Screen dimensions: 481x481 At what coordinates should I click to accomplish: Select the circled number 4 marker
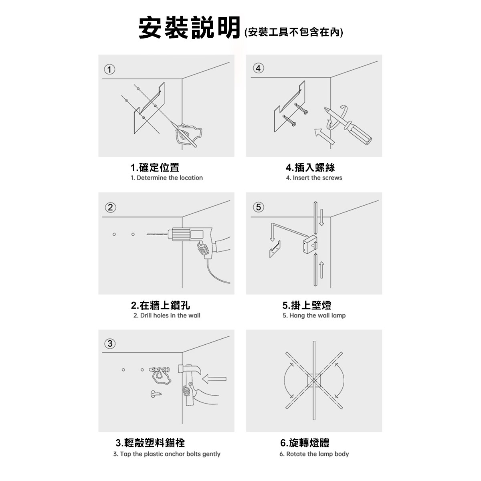pyautogui.click(x=258, y=69)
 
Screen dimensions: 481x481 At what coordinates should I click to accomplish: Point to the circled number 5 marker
pyautogui.click(x=258, y=207)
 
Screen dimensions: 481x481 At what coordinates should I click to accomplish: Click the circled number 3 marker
pyautogui.click(x=110, y=343)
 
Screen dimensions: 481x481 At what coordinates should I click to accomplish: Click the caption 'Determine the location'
pyautogui.click(x=167, y=178)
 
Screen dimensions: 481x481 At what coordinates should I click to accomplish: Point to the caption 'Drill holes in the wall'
pyautogui.click(x=167, y=315)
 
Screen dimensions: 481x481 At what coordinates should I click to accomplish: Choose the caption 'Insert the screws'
pyautogui.click(x=314, y=178)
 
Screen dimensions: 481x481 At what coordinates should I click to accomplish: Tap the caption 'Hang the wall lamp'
pyautogui.click(x=314, y=315)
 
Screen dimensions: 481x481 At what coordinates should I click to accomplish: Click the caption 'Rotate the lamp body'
pyautogui.click(x=314, y=454)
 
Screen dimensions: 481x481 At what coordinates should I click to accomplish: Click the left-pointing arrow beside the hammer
pyautogui.click(x=214, y=378)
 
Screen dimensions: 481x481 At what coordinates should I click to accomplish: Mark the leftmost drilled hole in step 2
pyautogui.click(x=114, y=234)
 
